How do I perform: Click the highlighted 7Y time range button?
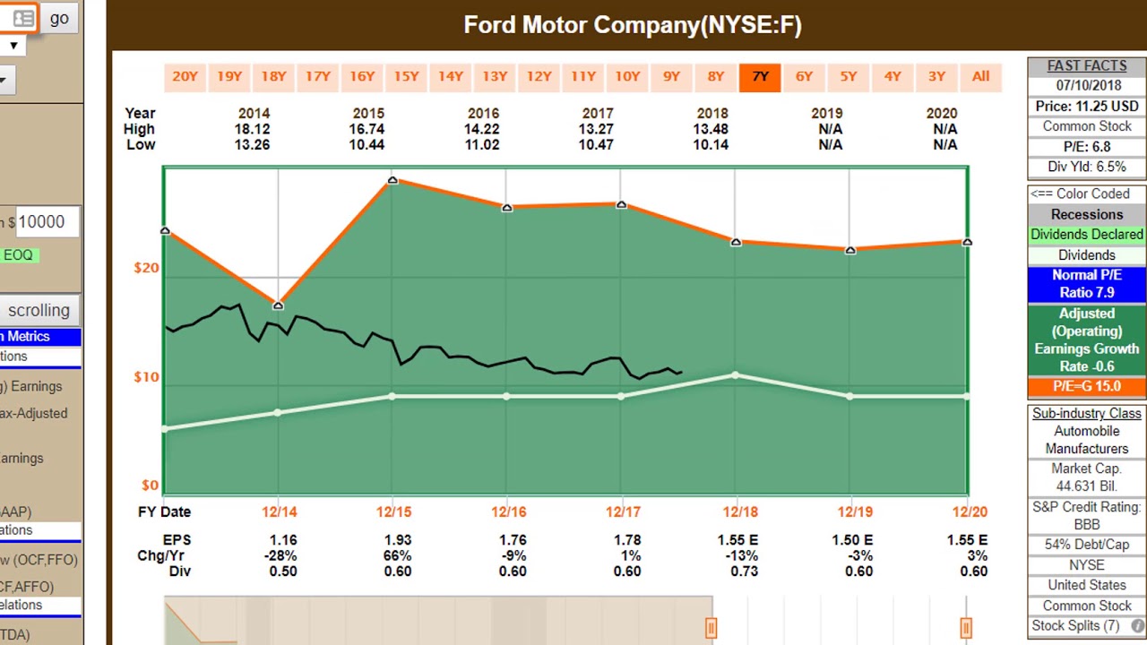760,77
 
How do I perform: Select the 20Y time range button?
185,77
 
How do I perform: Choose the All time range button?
980,77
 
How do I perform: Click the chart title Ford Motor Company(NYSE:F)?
632,25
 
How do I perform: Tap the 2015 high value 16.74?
367,129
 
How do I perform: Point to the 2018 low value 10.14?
711,144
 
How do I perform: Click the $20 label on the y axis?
147,268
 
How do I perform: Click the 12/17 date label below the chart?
623,512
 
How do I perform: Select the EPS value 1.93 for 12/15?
397,540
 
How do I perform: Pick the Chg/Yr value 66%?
397,555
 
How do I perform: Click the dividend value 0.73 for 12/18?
744,571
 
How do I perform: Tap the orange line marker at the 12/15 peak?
392,181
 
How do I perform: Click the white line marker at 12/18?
736,375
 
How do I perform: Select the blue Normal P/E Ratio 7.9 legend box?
1086,284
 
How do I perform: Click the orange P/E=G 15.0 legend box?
1086,386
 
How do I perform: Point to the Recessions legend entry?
1086,214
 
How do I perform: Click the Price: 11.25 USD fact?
1086,106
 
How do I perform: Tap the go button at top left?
59,18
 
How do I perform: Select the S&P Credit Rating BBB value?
1086,524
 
